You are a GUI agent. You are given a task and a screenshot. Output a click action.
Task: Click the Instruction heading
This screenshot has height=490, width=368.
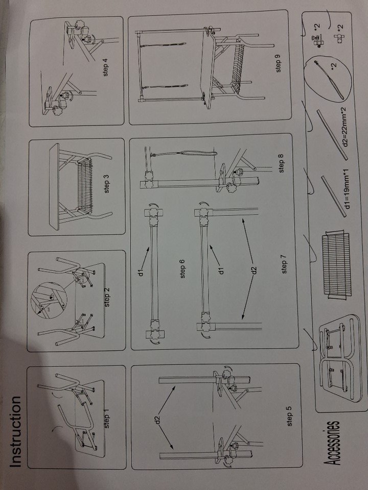pyautogui.click(x=16, y=432)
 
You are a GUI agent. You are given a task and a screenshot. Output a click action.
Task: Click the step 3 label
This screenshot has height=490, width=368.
pyautogui.click(x=106, y=184)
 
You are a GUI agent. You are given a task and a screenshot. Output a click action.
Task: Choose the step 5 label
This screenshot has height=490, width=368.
pyautogui.click(x=289, y=416)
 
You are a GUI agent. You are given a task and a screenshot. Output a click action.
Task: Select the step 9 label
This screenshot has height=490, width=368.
pyautogui.click(x=278, y=64)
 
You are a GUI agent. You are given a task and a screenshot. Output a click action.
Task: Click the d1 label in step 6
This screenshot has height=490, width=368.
pyautogui.click(x=142, y=271)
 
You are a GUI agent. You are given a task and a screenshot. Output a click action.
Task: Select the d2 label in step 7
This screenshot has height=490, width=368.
pyautogui.click(x=254, y=269)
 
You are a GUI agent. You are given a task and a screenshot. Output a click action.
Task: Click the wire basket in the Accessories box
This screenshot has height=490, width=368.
pyautogui.click(x=337, y=264)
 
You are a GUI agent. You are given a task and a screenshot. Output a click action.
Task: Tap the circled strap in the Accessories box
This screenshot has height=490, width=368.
pyautogui.click(x=328, y=78)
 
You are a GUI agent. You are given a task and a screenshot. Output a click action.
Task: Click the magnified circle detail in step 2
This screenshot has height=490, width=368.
pyautogui.click(x=49, y=300)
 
